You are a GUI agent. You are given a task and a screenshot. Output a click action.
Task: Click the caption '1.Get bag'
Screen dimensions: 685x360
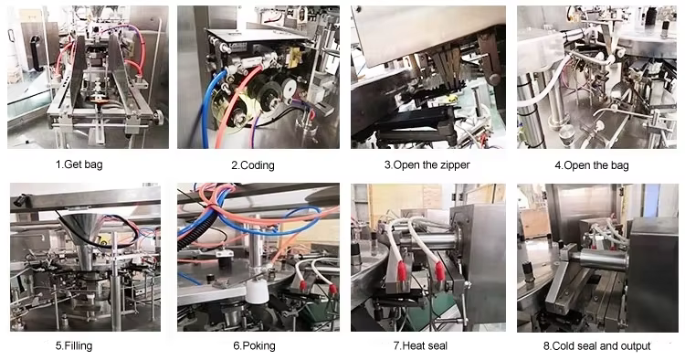79,164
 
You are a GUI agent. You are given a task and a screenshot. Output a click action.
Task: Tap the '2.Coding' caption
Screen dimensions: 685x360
253,165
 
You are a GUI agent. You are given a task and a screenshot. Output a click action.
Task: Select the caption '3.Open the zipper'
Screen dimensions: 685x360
427,165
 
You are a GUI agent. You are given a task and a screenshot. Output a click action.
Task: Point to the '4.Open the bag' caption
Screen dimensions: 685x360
592,165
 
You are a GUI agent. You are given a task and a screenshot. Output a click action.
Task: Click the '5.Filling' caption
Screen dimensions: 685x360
74,346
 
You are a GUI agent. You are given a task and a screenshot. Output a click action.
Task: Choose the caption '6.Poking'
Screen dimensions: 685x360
254,346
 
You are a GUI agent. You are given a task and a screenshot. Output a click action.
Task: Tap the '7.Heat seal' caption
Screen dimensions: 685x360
420,346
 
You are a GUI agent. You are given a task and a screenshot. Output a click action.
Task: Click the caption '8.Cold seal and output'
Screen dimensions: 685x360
596,346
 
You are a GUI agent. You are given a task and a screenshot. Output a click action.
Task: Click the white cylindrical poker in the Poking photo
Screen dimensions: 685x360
257,291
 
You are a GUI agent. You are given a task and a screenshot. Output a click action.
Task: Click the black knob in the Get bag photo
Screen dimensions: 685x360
158,117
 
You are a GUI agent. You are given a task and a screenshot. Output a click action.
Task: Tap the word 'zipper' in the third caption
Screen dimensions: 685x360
455,165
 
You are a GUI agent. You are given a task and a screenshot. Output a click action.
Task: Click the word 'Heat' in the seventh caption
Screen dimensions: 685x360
412,346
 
